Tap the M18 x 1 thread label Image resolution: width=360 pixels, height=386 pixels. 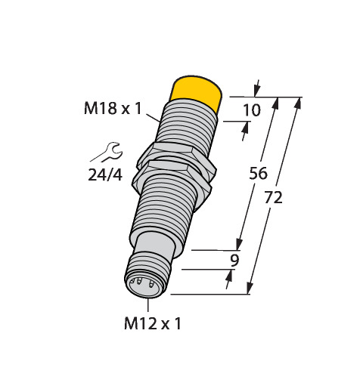113,109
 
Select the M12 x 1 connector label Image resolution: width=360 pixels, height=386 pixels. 153,323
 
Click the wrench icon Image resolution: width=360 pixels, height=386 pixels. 107,152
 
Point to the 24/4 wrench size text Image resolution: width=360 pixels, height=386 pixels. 105,174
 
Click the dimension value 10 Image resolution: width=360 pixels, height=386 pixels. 252,110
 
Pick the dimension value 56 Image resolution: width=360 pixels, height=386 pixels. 258,173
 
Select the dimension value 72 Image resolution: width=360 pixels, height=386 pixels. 274,197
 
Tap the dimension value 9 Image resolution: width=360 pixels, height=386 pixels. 234,261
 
